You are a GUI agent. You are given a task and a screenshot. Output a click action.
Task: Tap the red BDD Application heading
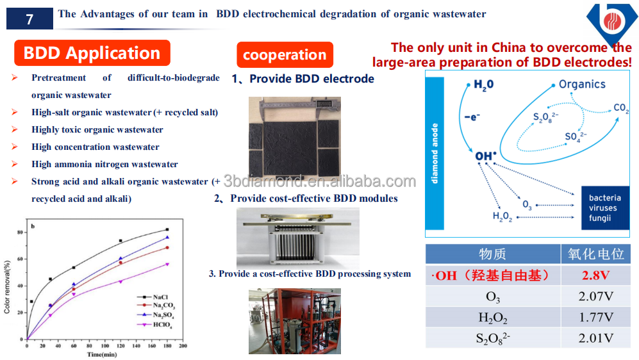click(92, 53)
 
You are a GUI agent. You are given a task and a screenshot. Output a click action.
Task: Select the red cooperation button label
click(285, 55)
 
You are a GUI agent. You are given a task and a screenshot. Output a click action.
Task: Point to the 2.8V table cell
click(595, 275)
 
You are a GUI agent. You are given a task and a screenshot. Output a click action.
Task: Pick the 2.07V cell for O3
click(595, 297)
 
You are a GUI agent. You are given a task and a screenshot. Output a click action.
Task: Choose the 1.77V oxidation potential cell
click(595, 317)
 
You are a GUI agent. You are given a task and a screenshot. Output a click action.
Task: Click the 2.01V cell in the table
click(595, 338)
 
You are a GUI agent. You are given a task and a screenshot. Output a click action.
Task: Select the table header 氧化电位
click(595, 254)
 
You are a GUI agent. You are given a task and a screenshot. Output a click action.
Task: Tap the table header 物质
click(492, 254)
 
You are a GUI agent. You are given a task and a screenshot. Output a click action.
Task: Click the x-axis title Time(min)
click(103, 354)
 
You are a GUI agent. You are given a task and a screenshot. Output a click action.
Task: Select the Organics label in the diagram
click(581, 84)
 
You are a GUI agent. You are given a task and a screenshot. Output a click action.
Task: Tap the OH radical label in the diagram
click(483, 156)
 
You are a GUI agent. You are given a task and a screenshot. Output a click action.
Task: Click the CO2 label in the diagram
click(620, 108)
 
